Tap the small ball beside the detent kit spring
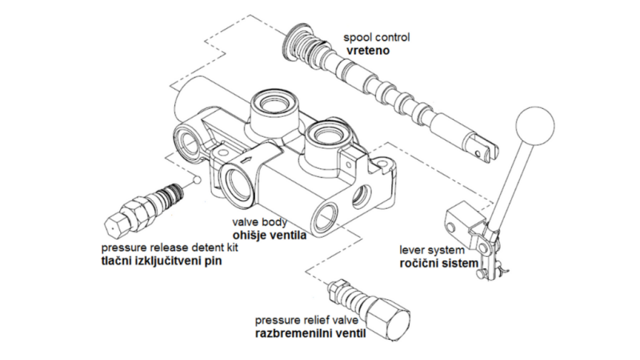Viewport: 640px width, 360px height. click(194, 182)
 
